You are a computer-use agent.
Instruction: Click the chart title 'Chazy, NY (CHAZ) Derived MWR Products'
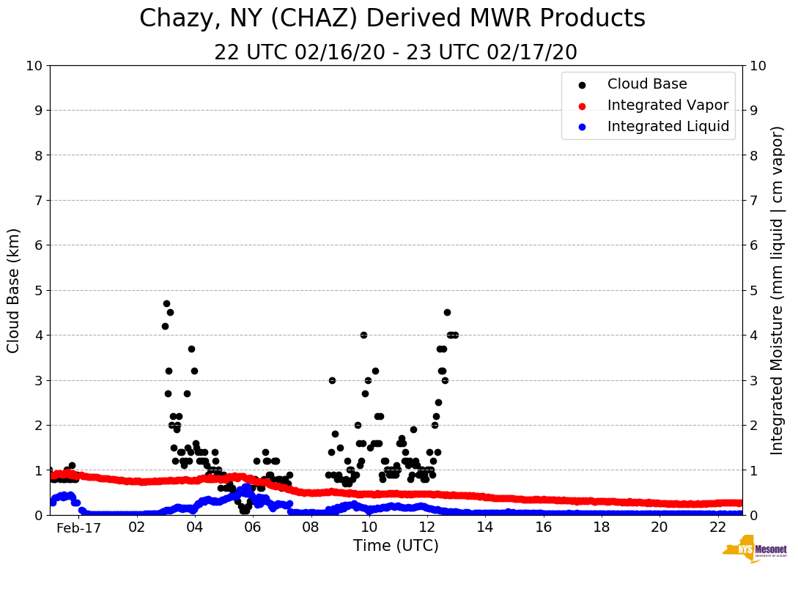(x=392, y=18)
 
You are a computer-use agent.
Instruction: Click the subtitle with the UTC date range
(x=396, y=53)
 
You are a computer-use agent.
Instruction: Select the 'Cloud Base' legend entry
(x=647, y=84)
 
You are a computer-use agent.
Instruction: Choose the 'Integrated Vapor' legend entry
(x=668, y=105)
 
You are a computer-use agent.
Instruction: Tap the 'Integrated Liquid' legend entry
(x=668, y=127)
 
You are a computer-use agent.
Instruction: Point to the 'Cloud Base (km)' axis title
(x=14, y=290)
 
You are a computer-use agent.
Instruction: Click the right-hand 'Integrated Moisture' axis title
(x=777, y=290)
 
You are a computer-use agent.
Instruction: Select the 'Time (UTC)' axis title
(x=396, y=546)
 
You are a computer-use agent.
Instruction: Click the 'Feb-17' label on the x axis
(x=78, y=528)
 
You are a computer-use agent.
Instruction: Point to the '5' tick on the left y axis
(x=38, y=290)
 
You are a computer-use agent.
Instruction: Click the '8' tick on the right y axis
(x=754, y=155)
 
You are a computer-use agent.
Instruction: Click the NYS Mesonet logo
(x=754, y=551)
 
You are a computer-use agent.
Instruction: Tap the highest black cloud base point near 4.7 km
(x=166, y=303)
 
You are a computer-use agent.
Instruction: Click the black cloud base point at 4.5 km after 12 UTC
(x=447, y=312)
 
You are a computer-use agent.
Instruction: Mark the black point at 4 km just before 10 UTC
(x=363, y=335)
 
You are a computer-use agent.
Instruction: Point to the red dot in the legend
(x=583, y=105)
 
